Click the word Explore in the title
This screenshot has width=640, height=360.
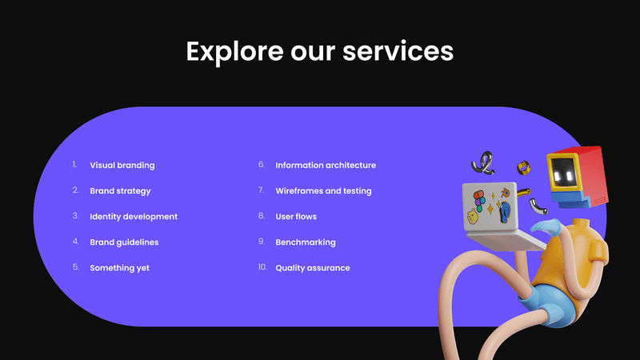point(231,52)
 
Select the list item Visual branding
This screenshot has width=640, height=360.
point(122,166)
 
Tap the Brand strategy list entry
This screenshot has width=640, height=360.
point(120,191)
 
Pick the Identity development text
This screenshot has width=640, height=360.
point(134,217)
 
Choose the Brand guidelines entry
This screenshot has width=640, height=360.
point(124,242)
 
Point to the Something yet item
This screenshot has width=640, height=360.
point(119,268)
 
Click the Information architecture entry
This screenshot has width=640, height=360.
point(326,166)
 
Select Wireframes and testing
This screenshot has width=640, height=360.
point(323,191)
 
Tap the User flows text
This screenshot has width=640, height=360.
point(296,217)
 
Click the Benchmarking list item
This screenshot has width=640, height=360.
point(306,242)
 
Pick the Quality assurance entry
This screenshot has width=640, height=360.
point(313,268)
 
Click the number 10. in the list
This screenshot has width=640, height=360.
point(262,267)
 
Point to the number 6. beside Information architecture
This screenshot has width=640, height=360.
point(261,165)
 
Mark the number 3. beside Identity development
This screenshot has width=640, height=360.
point(75,216)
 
